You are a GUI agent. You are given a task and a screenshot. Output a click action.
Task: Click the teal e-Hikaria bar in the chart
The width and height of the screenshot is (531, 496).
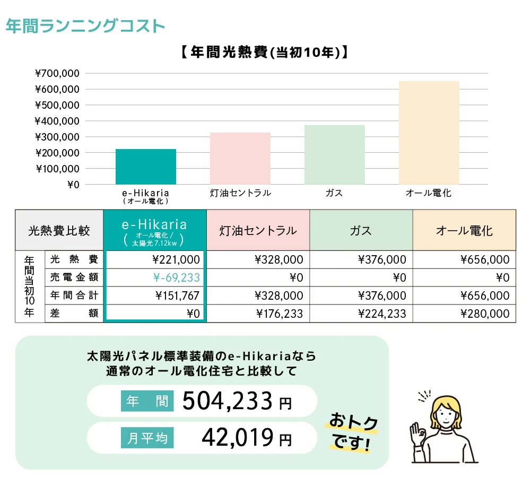(x=146, y=167)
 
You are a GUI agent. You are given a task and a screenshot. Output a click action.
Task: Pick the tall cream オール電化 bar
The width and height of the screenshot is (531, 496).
(x=429, y=133)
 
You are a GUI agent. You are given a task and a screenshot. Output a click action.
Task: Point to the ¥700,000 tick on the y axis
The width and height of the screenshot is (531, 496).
(x=57, y=73)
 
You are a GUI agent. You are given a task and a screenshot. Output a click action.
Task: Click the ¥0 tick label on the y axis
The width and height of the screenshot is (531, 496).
(x=73, y=185)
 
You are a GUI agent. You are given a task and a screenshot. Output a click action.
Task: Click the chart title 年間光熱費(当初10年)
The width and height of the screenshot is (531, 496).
(x=264, y=53)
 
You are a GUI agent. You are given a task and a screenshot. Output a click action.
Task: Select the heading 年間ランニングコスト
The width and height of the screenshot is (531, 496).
(x=85, y=26)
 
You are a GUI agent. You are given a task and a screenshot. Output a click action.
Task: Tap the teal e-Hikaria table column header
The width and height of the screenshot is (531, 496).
(x=155, y=230)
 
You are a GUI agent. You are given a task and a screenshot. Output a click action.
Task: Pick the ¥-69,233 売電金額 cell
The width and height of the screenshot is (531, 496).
(x=176, y=277)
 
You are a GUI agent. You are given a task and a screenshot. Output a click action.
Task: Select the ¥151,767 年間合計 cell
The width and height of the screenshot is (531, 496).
(x=176, y=295)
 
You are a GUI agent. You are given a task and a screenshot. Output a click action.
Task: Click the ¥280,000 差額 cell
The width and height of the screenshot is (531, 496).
(x=485, y=314)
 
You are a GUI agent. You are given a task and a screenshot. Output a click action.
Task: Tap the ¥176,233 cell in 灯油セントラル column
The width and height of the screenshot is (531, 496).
(x=279, y=314)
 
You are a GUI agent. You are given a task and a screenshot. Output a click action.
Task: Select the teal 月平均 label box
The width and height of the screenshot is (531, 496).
(x=147, y=438)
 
